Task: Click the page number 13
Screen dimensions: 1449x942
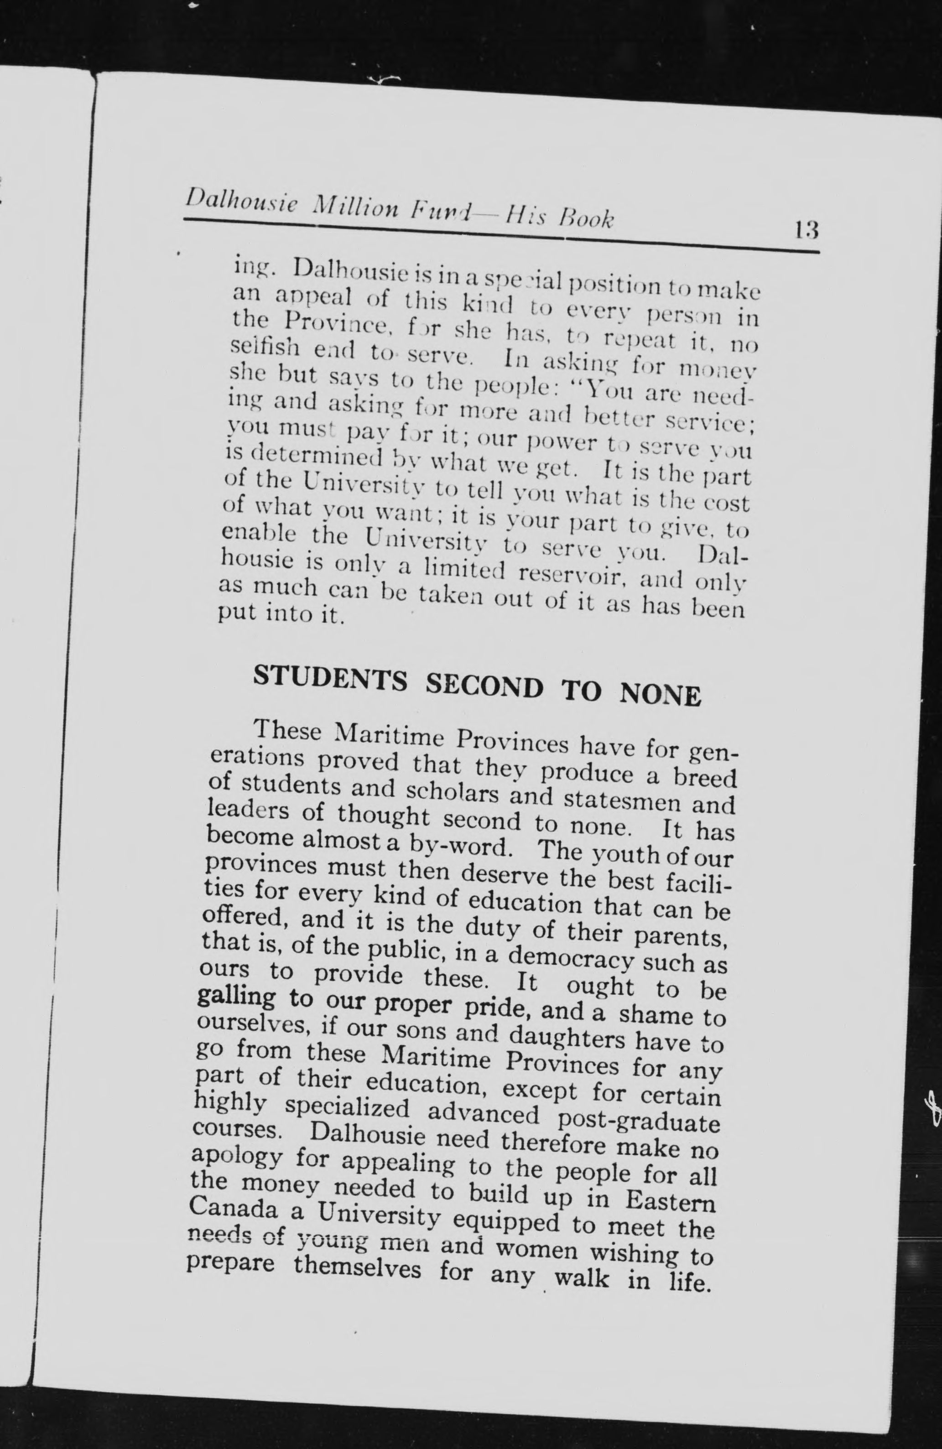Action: point(805,231)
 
